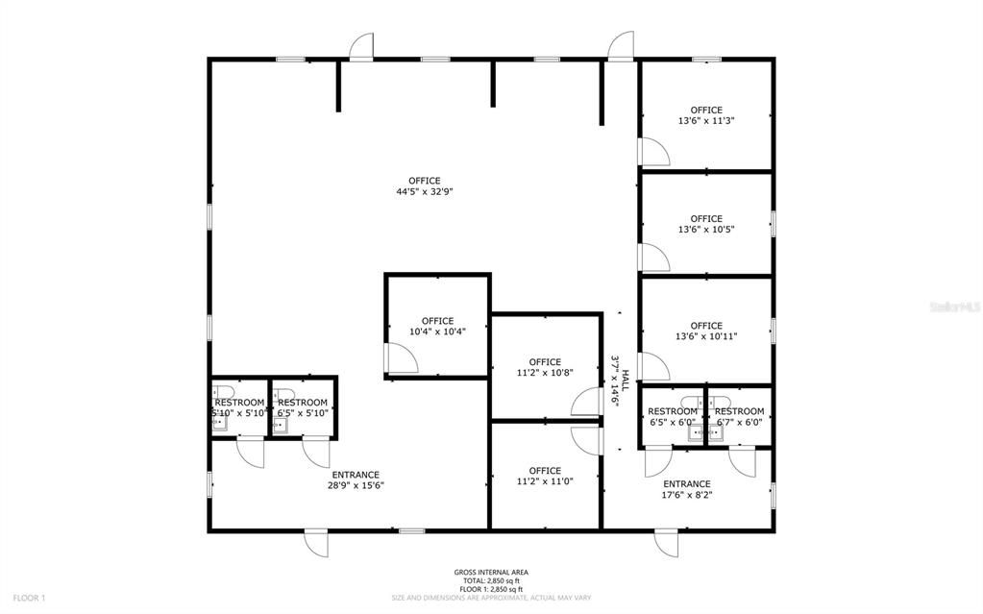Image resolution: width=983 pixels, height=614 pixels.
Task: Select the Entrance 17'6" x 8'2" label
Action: (687, 489)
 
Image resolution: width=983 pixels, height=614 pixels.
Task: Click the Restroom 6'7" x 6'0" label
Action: (739, 416)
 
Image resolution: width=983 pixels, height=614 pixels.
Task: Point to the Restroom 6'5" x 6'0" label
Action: (673, 416)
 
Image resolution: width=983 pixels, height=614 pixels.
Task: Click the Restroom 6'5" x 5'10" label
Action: (303, 407)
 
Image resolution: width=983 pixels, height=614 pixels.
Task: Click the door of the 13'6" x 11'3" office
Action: (653, 151)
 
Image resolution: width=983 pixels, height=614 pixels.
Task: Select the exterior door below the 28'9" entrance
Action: (316, 543)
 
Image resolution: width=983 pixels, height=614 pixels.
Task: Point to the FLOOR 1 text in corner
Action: (28, 598)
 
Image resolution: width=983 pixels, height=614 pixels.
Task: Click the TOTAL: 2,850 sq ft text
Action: (490, 581)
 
